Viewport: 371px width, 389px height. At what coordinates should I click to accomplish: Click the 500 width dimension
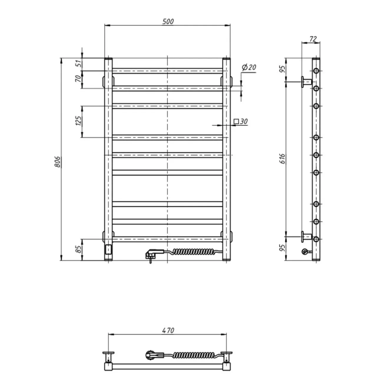click(x=168, y=22)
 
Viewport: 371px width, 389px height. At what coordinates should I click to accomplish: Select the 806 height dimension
click(x=57, y=162)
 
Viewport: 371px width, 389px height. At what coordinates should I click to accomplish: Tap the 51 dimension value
click(x=79, y=64)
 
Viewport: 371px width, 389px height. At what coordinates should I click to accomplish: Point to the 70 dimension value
click(x=78, y=79)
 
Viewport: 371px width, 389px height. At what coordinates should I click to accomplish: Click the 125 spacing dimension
click(x=78, y=121)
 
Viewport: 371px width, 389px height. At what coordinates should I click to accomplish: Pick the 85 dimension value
click(x=79, y=249)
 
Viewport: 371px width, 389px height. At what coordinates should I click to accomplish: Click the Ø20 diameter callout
click(x=249, y=67)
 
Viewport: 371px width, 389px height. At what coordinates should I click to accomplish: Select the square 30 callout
click(x=241, y=121)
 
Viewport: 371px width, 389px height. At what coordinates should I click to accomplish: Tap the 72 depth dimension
click(x=313, y=39)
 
